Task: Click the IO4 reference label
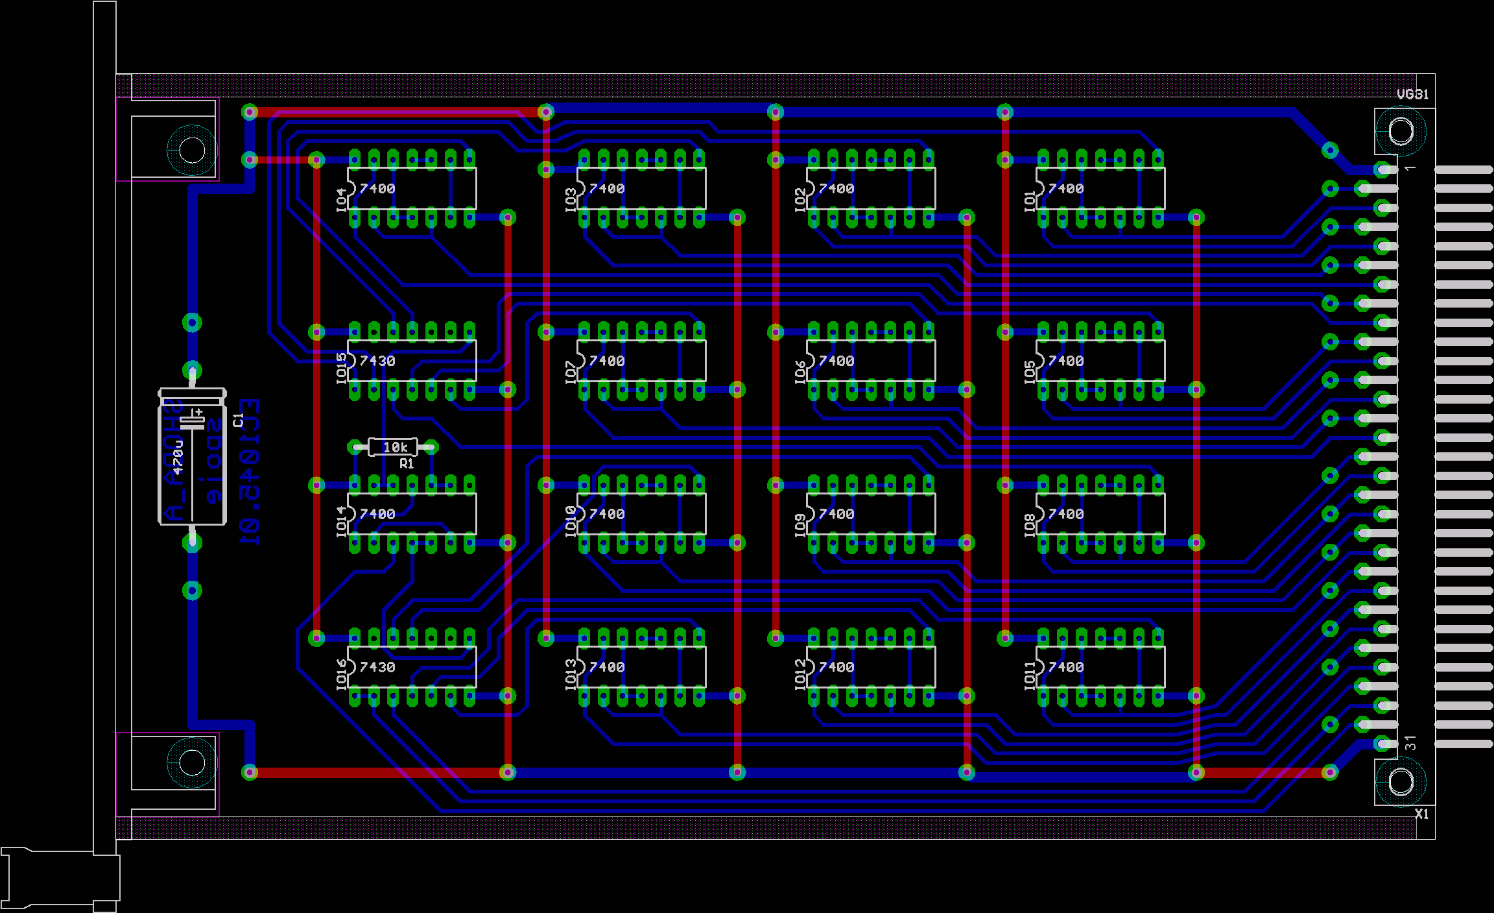342,199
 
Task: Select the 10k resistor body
394,446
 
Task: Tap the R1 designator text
407,463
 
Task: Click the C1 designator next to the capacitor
237,420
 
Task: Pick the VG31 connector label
1412,95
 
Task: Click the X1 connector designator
1421,814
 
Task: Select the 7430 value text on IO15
377,361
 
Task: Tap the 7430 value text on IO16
377,667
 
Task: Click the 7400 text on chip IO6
836,361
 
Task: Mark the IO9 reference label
801,524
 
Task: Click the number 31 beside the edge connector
1410,743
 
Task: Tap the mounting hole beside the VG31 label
1400,132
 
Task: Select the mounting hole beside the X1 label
1400,782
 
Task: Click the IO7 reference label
571,372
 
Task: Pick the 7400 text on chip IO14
377,514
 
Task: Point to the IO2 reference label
801,199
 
